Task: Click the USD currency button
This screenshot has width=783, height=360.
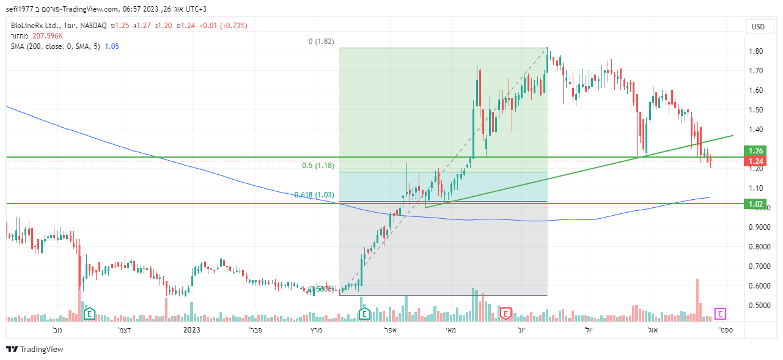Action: point(758,26)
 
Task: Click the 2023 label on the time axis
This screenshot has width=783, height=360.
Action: point(192,330)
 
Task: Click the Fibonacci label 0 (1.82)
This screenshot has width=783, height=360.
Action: point(321,42)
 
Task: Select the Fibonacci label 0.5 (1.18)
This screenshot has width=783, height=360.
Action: point(318,166)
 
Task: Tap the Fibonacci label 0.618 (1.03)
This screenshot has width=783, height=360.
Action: point(314,195)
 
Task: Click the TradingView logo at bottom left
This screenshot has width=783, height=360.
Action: point(35,349)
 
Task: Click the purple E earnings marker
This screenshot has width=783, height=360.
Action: point(720,314)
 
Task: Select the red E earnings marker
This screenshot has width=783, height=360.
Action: point(505,314)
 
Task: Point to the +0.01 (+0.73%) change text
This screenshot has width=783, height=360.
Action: point(223,26)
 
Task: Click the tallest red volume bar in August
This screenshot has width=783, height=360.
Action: point(697,299)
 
